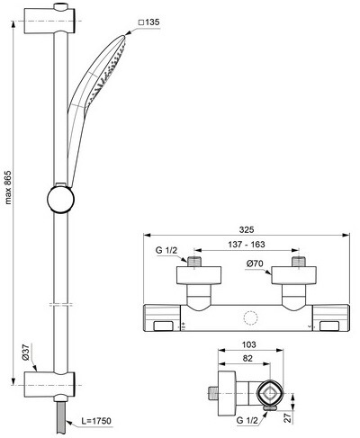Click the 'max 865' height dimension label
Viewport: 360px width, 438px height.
click(x=8, y=188)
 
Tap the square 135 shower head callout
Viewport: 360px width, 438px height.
click(x=148, y=22)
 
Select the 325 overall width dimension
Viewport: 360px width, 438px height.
click(x=247, y=229)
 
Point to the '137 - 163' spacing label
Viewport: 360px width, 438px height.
click(x=247, y=245)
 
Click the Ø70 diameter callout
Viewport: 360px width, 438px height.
click(x=255, y=264)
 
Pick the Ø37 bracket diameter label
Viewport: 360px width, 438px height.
click(x=25, y=353)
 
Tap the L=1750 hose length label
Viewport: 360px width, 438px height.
click(x=96, y=421)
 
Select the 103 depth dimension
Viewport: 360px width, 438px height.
click(x=249, y=344)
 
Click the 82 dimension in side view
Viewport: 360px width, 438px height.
click(x=247, y=359)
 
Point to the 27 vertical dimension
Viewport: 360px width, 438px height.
click(x=288, y=417)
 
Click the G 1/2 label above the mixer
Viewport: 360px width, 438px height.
click(x=166, y=250)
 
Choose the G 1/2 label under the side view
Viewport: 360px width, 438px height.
click(x=247, y=421)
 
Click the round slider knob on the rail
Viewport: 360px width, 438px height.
click(x=60, y=199)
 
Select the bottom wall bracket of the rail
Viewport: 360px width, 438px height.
click(x=49, y=385)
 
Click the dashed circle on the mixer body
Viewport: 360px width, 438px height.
click(x=250, y=319)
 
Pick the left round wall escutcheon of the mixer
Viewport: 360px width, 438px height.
click(x=199, y=275)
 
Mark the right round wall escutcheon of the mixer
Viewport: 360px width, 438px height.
click(x=293, y=275)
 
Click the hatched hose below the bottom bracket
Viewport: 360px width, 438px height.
click(x=60, y=417)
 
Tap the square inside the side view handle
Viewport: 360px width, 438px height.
click(x=270, y=393)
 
